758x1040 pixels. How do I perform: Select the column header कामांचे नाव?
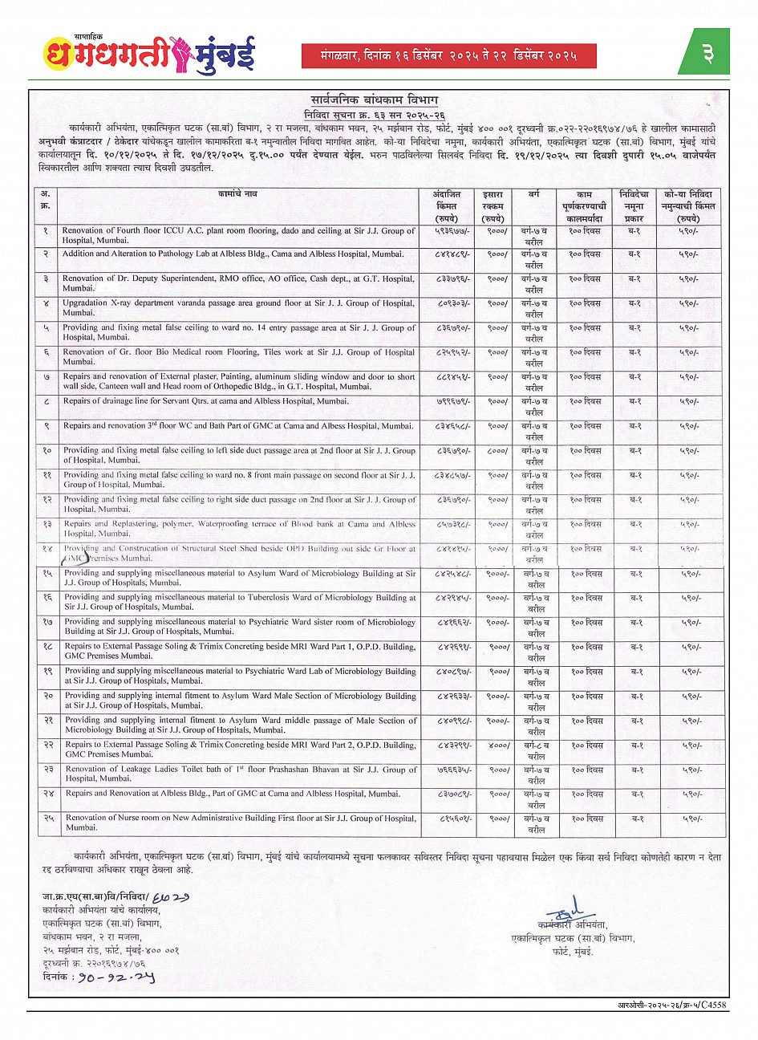coord(237,195)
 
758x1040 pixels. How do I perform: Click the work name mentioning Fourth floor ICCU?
coord(238,235)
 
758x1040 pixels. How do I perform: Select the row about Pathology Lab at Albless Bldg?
coord(238,254)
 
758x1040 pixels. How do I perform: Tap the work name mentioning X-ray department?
coord(238,308)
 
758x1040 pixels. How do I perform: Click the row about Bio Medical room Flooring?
coord(238,357)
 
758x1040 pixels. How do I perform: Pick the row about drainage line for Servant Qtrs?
coord(238,401)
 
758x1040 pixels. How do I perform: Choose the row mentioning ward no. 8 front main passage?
coord(238,480)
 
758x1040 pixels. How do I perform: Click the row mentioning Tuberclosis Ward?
coord(238,603)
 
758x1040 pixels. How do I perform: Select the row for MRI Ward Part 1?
coord(238,651)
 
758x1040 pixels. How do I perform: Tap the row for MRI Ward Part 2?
coord(238,750)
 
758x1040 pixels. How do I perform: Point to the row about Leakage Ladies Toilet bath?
coord(238,774)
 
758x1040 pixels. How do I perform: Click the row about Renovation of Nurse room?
coord(238,823)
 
